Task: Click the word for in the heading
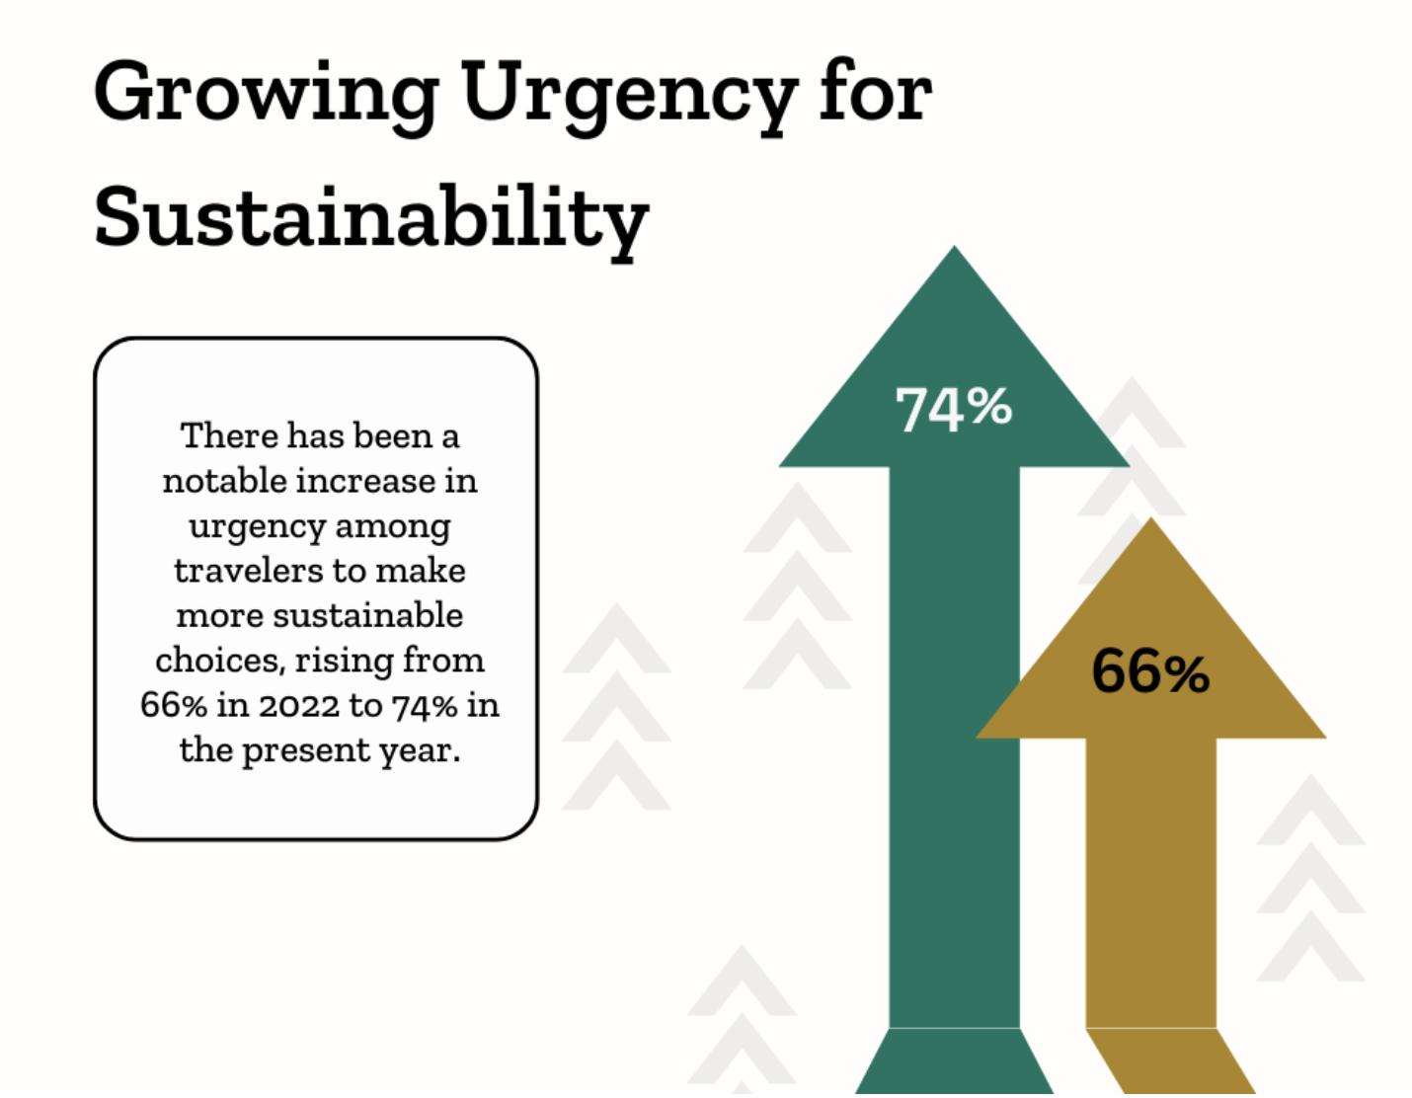click(875, 94)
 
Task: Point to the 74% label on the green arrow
click(953, 408)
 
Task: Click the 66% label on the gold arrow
click(1150, 671)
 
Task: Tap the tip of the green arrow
click(954, 253)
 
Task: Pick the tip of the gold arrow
click(1151, 524)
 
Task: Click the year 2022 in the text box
click(299, 705)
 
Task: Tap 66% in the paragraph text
click(174, 705)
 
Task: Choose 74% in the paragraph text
click(425, 705)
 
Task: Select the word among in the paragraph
click(392, 526)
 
